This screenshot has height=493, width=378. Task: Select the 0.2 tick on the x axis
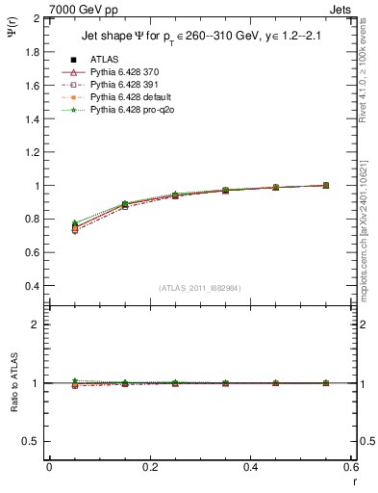tap(150, 467)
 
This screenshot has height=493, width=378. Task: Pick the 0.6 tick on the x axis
tap(352, 467)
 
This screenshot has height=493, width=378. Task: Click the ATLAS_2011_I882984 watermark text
tap(198, 287)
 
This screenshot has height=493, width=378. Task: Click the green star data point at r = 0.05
tap(75, 223)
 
